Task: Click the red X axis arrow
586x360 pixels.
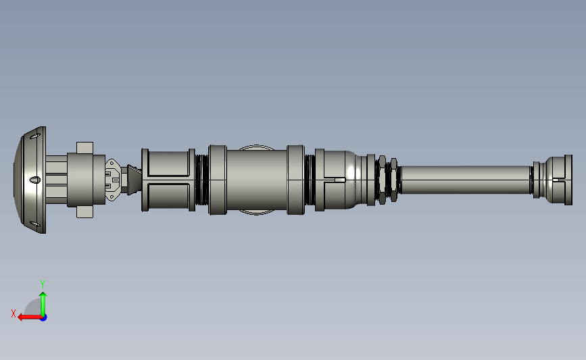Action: click(30, 317)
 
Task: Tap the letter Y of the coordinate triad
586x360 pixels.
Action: click(42, 284)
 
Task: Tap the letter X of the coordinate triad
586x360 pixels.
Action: click(14, 313)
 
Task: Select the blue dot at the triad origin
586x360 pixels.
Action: click(44, 318)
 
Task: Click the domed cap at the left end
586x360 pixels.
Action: click(30, 180)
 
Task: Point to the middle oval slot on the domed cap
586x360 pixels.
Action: click(34, 180)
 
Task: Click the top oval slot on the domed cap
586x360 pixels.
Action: click(35, 136)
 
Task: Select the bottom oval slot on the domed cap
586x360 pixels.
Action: click(35, 224)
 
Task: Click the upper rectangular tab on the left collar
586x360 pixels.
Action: click(85, 147)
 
